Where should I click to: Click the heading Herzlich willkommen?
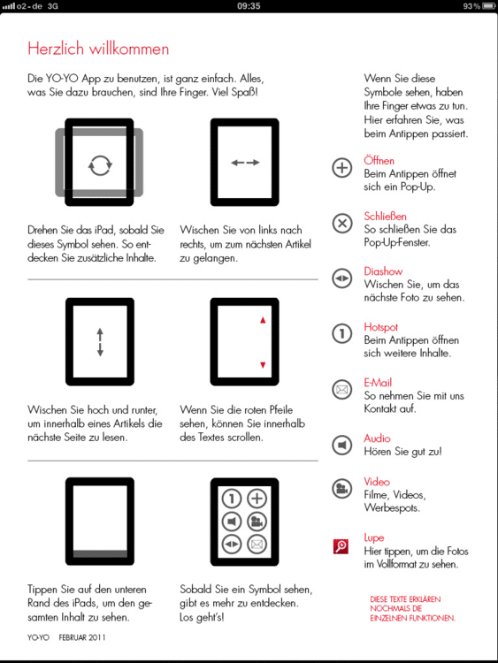[x=98, y=49]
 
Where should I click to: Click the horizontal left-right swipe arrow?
[x=245, y=163]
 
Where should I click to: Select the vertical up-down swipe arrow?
[x=100, y=342]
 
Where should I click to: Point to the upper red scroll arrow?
[x=263, y=320]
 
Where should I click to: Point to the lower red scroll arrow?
[x=263, y=365]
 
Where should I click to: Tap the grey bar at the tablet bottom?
[x=100, y=554]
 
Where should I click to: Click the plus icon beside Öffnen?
[x=341, y=168]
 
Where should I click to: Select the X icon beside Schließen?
[x=341, y=224]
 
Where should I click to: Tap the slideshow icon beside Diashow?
[x=341, y=278]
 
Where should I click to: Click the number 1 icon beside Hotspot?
[x=341, y=333]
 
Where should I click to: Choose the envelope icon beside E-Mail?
[x=341, y=390]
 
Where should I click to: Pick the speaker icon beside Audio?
[x=341, y=445]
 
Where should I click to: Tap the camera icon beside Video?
[x=341, y=488]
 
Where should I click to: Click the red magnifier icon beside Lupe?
[x=341, y=546]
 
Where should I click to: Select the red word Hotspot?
[x=381, y=327]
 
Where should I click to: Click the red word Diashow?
[x=383, y=271]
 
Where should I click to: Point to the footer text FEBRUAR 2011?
[x=82, y=637]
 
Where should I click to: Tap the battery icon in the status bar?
[x=488, y=6]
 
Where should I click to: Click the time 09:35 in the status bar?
[x=249, y=6]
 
